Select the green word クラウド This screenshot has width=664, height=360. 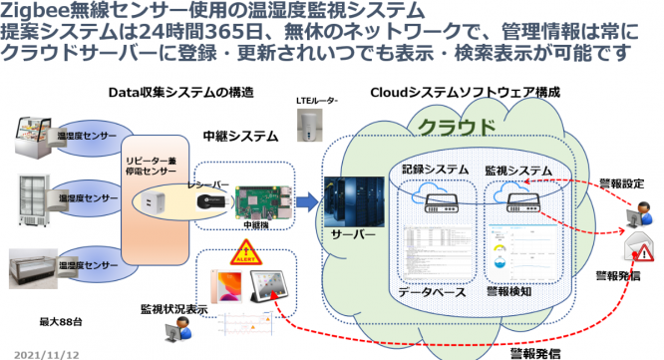tap(457, 127)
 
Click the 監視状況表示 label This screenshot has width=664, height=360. tap(175, 310)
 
